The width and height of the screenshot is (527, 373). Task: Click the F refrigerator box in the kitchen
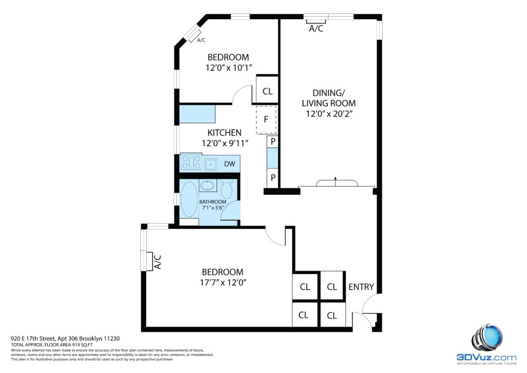point(266,120)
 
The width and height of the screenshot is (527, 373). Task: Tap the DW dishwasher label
point(230,164)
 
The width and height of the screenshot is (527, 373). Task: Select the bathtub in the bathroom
point(189,199)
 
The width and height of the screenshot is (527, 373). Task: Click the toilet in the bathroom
point(226,189)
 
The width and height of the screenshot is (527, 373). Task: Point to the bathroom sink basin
point(208,185)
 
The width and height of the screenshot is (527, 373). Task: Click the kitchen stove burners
point(191,162)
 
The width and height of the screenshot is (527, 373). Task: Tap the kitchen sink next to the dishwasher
point(211,164)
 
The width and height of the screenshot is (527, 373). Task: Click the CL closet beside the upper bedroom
point(267,91)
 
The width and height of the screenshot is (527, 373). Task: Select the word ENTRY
point(361,287)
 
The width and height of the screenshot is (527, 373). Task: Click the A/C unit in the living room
point(316,22)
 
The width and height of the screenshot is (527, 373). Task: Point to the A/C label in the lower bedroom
point(157,262)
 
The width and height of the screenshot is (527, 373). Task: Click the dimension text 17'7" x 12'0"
point(223,282)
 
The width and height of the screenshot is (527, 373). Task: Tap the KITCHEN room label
point(224,132)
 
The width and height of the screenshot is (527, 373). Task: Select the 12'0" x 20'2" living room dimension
point(329,114)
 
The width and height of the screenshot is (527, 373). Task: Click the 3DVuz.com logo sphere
point(487,338)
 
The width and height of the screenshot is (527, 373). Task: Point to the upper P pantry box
point(273,142)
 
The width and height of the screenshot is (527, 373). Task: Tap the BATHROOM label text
point(213,202)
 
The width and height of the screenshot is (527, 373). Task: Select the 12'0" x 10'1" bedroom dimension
point(229,68)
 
